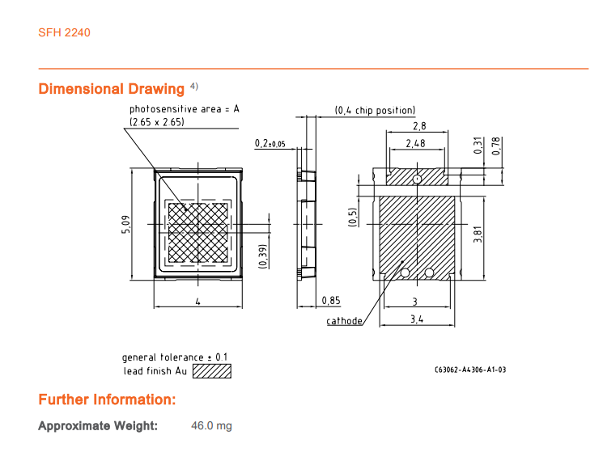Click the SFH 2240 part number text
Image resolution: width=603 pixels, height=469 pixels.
64,32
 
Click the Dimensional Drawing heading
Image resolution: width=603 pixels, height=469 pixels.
112,89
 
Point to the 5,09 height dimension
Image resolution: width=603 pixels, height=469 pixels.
126,224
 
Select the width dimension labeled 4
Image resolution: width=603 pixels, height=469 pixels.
197,302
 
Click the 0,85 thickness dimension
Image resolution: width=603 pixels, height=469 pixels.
331,300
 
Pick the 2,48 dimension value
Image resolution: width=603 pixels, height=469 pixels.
415,144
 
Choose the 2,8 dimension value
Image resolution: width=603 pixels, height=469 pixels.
419,126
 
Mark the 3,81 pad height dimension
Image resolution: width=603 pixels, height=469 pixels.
478,234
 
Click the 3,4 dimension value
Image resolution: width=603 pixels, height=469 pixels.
417,319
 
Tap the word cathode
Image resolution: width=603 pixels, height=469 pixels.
344,321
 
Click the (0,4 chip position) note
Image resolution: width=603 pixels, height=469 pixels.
375,111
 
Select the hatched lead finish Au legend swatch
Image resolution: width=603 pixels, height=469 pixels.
212,371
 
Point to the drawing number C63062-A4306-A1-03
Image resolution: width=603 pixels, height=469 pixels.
470,370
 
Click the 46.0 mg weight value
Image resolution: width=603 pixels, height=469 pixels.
211,425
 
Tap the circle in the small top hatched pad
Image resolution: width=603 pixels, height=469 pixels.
418,179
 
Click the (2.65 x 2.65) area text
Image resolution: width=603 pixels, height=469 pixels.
157,122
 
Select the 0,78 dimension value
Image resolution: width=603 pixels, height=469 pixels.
496,146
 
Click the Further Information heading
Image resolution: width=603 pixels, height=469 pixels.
107,399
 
